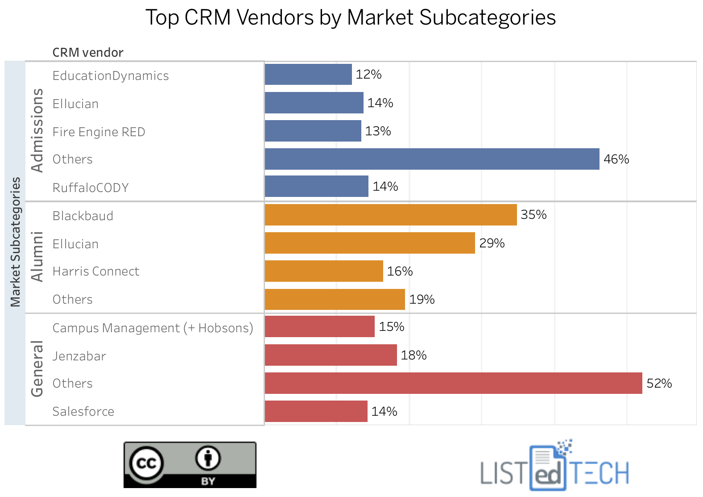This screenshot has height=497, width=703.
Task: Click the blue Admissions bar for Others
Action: (432, 159)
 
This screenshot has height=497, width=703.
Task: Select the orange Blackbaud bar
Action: (391, 215)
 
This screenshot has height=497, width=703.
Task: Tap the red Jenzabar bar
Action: (331, 355)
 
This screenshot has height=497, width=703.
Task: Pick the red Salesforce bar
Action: (316, 411)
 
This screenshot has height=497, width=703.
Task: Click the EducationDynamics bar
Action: (308, 74)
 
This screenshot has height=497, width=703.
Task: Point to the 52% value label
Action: (659, 383)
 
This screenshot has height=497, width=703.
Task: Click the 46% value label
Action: (616, 159)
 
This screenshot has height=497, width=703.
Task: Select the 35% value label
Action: (533, 215)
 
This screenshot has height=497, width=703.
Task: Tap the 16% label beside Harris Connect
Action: (400, 271)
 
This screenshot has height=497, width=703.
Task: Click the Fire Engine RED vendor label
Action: (99, 132)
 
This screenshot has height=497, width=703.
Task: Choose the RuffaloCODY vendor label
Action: (91, 188)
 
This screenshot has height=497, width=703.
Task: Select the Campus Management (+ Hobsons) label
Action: (153, 328)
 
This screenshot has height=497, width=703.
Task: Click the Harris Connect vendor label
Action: (96, 271)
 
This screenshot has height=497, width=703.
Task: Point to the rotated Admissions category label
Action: (37, 130)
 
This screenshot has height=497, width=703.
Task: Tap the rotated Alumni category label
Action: (37, 257)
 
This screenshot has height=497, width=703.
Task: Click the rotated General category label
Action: (37, 369)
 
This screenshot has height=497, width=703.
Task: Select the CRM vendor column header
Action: (88, 52)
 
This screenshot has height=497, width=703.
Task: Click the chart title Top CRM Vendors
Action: (351, 18)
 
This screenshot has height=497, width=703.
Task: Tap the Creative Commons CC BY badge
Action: (190, 465)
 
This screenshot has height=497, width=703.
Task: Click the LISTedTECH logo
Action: (554, 467)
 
